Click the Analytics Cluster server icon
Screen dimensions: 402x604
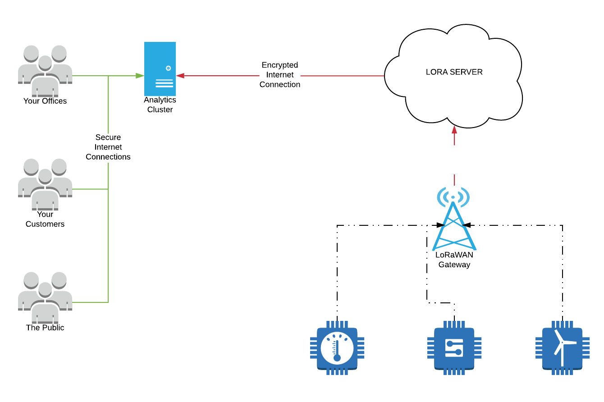pos(160,69)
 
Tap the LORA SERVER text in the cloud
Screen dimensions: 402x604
pos(454,72)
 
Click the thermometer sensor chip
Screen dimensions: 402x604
pos(337,347)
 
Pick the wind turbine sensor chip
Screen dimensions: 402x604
pos(562,347)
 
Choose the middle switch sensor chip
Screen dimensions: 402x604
pos(454,347)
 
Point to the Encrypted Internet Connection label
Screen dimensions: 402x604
pos(280,75)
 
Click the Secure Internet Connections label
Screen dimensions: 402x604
pos(108,147)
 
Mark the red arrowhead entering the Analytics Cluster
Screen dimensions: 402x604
pos(180,76)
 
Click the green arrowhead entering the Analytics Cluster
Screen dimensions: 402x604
pos(140,76)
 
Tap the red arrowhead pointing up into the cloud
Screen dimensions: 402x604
pos(454,130)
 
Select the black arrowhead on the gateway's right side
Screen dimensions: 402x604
pos(467,225)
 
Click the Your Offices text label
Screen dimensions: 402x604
pos(45,101)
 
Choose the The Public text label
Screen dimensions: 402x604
pos(45,328)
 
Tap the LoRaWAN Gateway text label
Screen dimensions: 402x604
pos(454,260)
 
